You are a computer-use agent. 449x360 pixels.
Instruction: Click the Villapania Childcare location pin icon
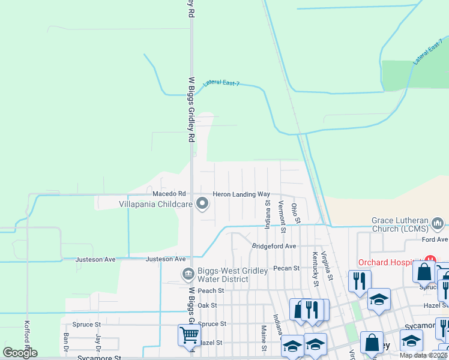point(202,205)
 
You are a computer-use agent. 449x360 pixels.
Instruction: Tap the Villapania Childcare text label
point(155,205)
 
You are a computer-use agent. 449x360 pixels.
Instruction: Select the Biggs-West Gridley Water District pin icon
point(188,274)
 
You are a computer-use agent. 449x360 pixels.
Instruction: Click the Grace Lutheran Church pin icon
point(437,225)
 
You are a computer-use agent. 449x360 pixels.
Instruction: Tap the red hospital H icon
point(429,262)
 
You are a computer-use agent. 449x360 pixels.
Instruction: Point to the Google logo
point(20,353)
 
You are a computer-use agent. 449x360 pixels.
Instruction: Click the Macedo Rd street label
point(170,194)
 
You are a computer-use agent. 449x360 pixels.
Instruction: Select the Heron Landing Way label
point(241,194)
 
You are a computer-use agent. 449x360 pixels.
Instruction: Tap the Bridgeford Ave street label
point(274,246)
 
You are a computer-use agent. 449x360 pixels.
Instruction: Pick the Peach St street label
point(211,290)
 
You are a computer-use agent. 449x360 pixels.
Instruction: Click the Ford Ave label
point(435,239)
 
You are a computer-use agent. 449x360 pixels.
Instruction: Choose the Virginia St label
point(327,265)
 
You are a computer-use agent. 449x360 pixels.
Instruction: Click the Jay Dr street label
point(97,344)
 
